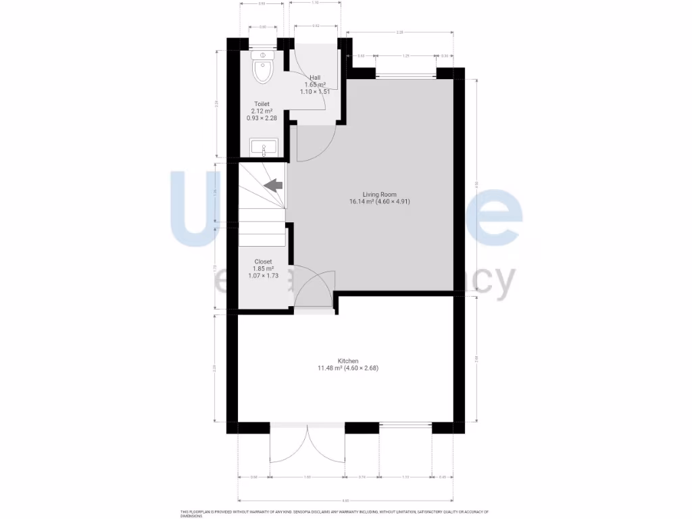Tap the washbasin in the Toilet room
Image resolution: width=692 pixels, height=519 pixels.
pyautogui.click(x=264, y=147)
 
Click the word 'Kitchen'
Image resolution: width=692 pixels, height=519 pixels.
pyautogui.click(x=348, y=361)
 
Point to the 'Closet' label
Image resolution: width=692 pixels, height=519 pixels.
pyautogui.click(x=263, y=262)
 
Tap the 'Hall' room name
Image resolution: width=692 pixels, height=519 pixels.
pyautogui.click(x=315, y=78)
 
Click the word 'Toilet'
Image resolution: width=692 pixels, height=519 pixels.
pyautogui.click(x=262, y=104)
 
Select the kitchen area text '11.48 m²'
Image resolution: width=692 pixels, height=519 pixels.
pyautogui.click(x=329, y=368)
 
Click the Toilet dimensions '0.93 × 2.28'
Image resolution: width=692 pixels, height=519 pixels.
pyautogui.click(x=262, y=118)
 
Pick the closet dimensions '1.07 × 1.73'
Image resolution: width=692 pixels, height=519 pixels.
pyautogui.click(x=263, y=276)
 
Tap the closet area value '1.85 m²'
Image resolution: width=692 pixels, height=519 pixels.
pyautogui.click(x=263, y=269)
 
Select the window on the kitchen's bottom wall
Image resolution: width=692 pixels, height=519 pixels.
pyautogui.click(x=405, y=425)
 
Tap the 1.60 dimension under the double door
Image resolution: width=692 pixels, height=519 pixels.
pyautogui.click(x=307, y=478)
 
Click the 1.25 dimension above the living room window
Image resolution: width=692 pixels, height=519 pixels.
pyautogui.click(x=405, y=55)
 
